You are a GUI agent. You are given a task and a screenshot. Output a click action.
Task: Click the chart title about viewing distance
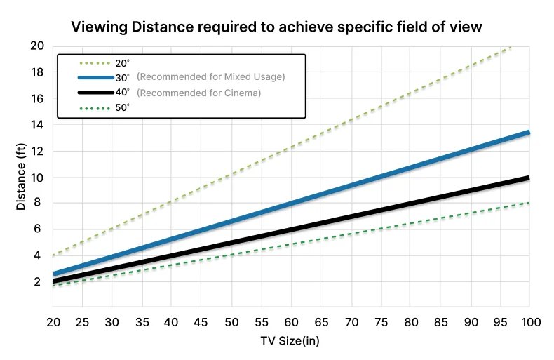pyautogui.click(x=276, y=27)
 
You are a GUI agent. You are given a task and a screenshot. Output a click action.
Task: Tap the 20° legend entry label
pyautogui.click(x=121, y=63)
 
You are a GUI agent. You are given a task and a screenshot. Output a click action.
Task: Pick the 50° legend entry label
pyautogui.click(x=121, y=107)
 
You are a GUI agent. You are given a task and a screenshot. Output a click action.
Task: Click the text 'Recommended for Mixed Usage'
pyautogui.click(x=210, y=77)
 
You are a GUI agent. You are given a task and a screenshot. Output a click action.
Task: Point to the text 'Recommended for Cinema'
pyautogui.click(x=198, y=93)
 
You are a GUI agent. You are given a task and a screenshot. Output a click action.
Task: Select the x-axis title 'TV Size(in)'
pyautogui.click(x=290, y=341)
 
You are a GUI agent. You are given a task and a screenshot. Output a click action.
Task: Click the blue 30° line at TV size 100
pyautogui.click(x=528, y=132)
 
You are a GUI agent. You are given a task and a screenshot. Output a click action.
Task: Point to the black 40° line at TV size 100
pyautogui.click(x=528, y=178)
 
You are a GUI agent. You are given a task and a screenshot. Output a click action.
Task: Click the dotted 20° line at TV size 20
pyautogui.click(x=53, y=255)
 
